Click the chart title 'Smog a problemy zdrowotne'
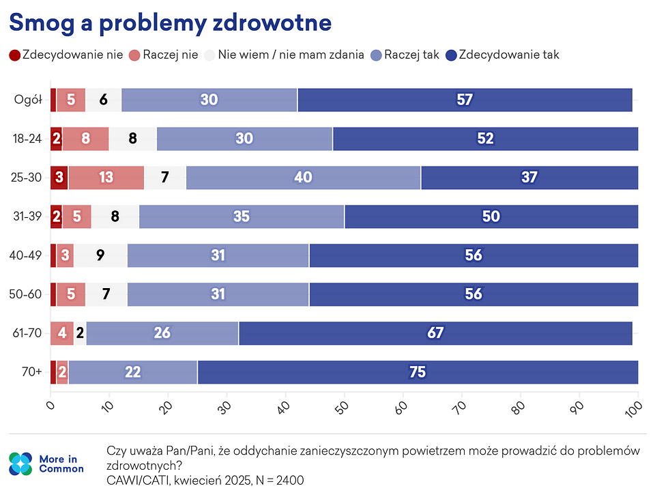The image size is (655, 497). [170, 23]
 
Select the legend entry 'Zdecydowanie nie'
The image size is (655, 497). [66, 55]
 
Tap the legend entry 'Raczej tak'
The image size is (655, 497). [405, 55]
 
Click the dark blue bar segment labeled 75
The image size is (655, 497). [418, 372]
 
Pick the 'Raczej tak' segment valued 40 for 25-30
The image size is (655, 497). [303, 177]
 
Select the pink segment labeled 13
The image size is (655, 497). [106, 177]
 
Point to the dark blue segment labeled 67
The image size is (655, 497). [435, 333]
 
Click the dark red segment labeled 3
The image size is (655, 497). [59, 177]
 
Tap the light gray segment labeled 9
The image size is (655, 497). [100, 255]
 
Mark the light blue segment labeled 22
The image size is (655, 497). [132, 372]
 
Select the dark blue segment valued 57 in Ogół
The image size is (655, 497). [465, 100]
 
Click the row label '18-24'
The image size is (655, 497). [28, 139]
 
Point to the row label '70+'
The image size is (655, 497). [31, 372]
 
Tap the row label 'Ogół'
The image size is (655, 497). [29, 100]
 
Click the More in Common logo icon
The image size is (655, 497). [20, 464]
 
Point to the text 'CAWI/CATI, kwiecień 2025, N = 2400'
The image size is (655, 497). [205, 480]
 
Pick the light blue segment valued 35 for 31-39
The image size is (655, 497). [241, 216]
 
